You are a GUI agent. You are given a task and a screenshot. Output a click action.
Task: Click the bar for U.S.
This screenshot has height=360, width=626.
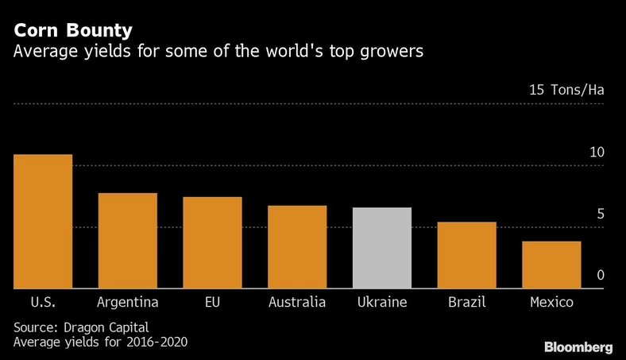pyautogui.click(x=43, y=222)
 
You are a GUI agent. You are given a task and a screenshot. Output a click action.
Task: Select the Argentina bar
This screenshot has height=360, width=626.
pyautogui.click(x=127, y=241)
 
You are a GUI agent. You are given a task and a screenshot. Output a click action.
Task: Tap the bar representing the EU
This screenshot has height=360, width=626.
pyautogui.click(x=212, y=243)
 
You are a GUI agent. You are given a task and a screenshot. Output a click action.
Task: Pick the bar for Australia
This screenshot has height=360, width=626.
pyautogui.click(x=297, y=247)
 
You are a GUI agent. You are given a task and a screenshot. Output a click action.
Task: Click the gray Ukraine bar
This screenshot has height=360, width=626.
pyautogui.click(x=382, y=248)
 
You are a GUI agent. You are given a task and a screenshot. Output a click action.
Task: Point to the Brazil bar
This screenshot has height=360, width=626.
pyautogui.click(x=466, y=255)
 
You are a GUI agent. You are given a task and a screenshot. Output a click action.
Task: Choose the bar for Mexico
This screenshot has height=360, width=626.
pyautogui.click(x=551, y=265)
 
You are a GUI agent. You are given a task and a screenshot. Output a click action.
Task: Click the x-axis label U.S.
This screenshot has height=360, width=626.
pyautogui.click(x=43, y=303)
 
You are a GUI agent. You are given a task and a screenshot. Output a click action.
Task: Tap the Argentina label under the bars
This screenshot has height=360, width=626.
pyautogui.click(x=127, y=303)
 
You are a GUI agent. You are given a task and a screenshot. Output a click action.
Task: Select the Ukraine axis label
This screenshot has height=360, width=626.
pyautogui.click(x=382, y=303)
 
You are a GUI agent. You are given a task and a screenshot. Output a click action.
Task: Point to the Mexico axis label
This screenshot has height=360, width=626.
pyautogui.click(x=551, y=303)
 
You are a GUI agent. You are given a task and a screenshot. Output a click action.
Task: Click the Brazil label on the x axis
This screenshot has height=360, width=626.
pyautogui.click(x=466, y=303)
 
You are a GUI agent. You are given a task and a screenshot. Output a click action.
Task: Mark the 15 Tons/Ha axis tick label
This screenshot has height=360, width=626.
pyautogui.click(x=566, y=90)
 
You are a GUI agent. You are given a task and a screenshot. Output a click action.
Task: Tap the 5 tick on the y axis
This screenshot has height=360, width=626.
pyautogui.click(x=600, y=214)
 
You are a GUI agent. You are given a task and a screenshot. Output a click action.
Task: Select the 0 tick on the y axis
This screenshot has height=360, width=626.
pyautogui.click(x=600, y=275)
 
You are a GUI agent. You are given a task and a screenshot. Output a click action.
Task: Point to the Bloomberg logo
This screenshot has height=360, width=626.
pyautogui.click(x=578, y=347)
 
